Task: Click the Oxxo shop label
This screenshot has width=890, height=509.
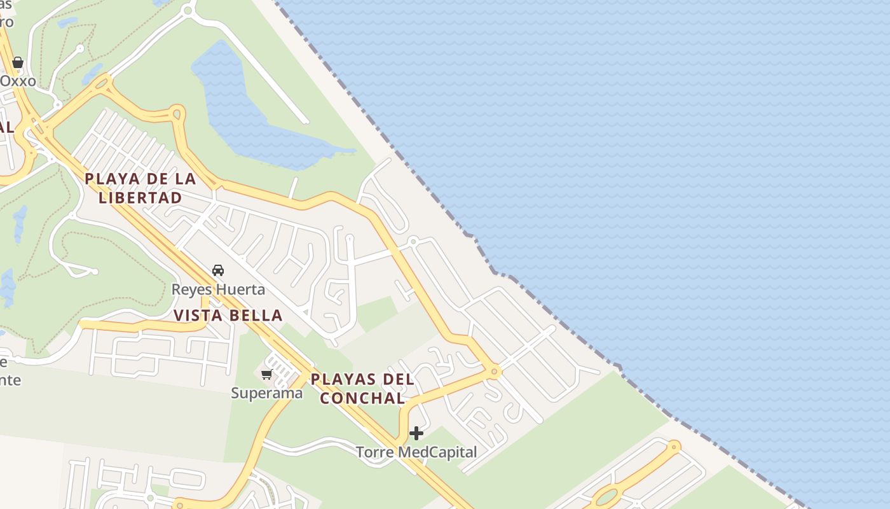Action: [x=18, y=81]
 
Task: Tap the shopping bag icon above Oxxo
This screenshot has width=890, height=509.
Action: [x=18, y=62]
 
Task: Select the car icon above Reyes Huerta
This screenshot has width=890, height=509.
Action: [x=218, y=270]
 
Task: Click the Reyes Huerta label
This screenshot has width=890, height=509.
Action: [x=218, y=289]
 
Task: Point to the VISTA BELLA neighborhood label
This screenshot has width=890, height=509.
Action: [x=228, y=315]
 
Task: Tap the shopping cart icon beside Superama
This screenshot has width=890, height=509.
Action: [x=267, y=374]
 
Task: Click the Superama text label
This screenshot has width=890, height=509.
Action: [x=266, y=393]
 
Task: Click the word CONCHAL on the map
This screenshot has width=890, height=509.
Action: [x=362, y=398]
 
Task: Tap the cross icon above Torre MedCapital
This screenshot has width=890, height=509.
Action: [x=416, y=433]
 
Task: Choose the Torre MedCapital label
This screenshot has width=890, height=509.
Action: [x=416, y=452]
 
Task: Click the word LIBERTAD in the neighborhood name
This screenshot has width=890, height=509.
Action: [x=140, y=197]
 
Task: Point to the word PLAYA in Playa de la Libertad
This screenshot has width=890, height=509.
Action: [x=113, y=179]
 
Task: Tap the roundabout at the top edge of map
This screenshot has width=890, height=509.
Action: [x=188, y=10]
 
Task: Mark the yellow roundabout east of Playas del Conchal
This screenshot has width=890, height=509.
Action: [x=494, y=370]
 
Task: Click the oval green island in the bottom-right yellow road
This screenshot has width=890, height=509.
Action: [x=608, y=496]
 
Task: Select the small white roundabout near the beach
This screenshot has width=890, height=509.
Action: [x=413, y=241]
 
